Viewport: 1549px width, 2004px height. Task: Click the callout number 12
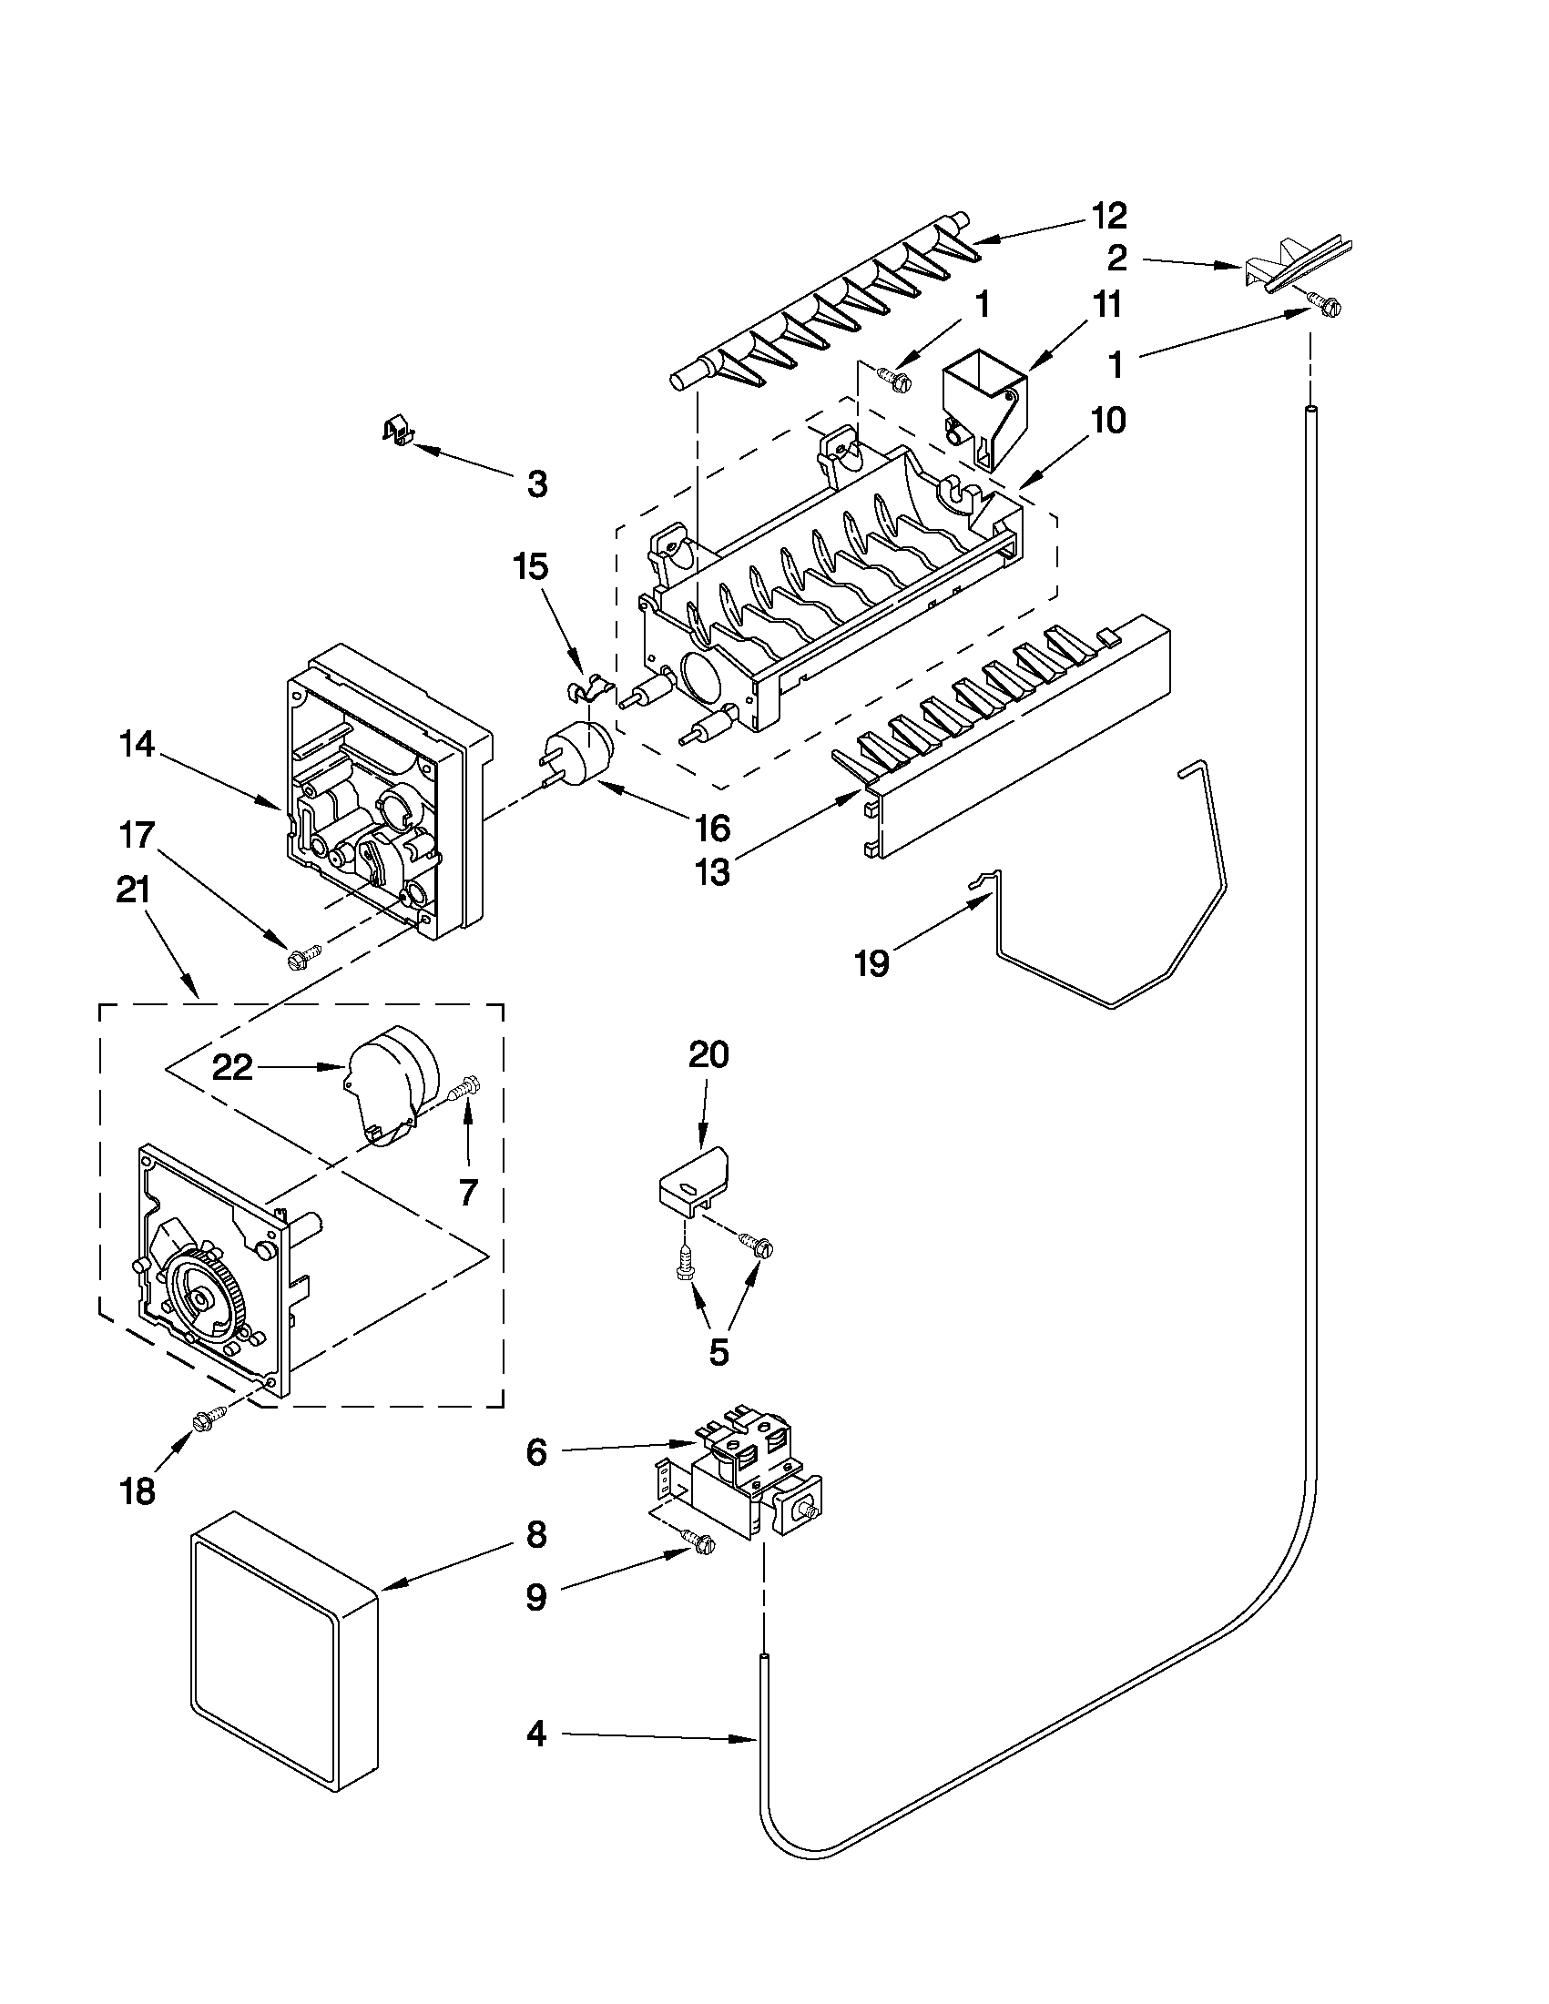(x=1108, y=216)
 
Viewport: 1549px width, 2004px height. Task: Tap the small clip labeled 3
(x=395, y=429)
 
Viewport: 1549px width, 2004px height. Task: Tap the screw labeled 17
(x=302, y=957)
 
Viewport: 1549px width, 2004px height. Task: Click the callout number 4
(x=537, y=1734)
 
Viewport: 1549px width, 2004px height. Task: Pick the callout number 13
(x=713, y=870)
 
